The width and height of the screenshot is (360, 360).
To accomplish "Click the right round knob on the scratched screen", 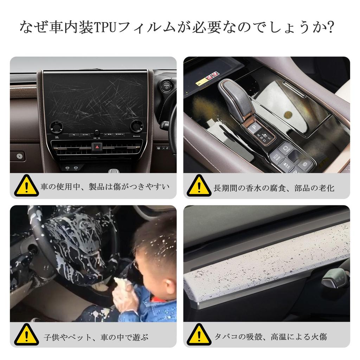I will coord(136,126).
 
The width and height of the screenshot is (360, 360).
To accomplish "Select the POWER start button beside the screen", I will coord(166,86).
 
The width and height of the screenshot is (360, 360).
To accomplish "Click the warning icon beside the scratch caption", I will coord(26,186).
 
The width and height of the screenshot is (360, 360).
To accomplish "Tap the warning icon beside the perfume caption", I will coord(199,186).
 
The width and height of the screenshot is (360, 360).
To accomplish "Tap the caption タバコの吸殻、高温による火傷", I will coord(271,337).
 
